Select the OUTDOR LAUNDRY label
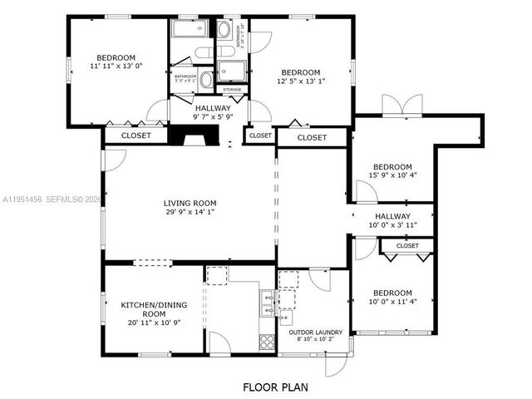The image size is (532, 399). (x=315, y=333)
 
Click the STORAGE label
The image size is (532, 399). (x=232, y=89)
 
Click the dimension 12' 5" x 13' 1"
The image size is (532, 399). (x=299, y=81)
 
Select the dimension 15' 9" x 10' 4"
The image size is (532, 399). (x=392, y=175)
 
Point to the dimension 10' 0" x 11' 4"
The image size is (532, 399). (x=392, y=303)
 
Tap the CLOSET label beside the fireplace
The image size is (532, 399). (x=135, y=135)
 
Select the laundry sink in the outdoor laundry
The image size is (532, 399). (x=287, y=317)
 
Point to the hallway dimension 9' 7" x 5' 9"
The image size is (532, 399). (x=214, y=118)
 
